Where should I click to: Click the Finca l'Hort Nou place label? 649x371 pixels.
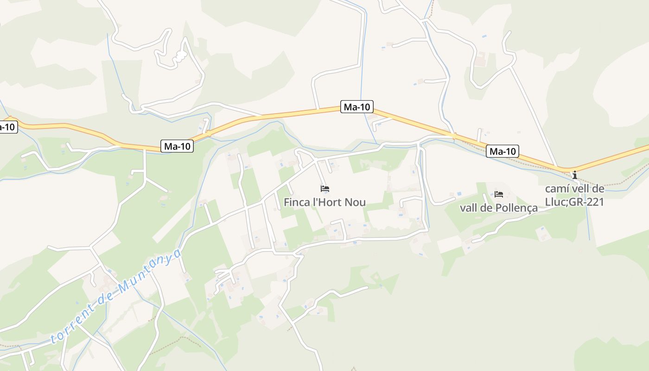pos(324,203)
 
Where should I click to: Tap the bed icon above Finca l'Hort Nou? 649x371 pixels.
pos(324,189)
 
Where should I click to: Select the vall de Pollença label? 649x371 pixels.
pos(498,208)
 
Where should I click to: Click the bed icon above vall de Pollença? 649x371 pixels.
pos(499,194)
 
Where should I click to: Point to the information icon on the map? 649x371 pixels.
pos(575,175)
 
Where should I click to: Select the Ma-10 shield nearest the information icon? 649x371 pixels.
pos(503,151)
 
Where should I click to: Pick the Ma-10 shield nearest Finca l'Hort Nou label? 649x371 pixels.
pos(357,107)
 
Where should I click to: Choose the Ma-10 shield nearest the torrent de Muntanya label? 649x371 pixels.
pos(177,147)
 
